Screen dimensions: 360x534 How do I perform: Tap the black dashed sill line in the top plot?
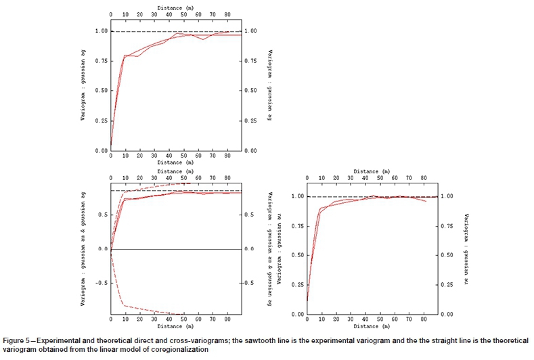203,31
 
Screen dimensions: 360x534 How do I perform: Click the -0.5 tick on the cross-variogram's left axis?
102,283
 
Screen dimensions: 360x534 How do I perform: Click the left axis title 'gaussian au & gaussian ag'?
84,251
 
